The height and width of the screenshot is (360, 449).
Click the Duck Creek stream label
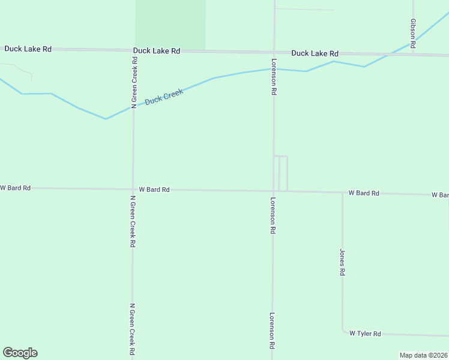pos(163,97)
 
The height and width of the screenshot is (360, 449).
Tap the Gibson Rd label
pos(413,29)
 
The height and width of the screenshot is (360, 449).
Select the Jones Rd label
pos(342,262)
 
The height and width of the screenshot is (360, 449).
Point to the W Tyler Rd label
pos(365,334)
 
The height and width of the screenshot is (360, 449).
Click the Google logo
pos(20,353)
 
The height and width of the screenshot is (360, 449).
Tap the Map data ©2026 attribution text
pos(424,355)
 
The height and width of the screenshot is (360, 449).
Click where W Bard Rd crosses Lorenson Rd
pos(273,191)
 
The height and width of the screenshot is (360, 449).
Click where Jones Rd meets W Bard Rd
pos(342,193)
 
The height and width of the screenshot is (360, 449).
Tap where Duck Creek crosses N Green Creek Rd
pos(133,107)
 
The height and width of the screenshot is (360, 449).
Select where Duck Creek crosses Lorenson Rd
pos(274,69)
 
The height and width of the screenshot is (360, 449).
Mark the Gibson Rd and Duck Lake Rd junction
pos(413,55)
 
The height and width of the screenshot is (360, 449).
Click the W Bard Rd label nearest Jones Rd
pos(364,193)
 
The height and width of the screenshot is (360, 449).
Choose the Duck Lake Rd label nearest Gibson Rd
pos(315,53)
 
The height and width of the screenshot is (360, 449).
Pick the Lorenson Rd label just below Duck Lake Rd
pos(273,77)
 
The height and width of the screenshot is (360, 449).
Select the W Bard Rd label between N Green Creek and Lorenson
pos(154,190)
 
